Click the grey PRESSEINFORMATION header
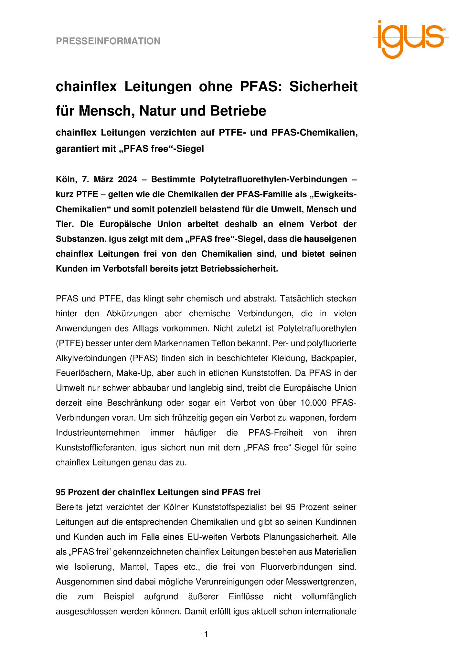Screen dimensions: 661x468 pos(108,41)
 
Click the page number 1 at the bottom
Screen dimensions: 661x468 pos(206,634)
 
